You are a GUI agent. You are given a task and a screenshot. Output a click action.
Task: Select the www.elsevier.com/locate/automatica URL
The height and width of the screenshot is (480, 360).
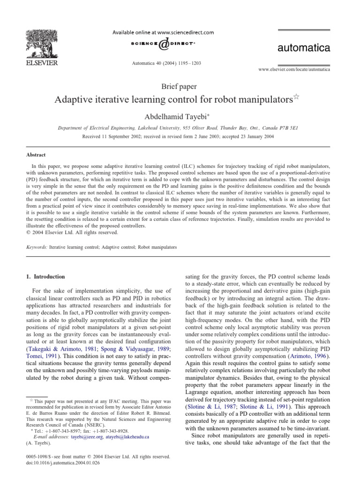tap(294, 69)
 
